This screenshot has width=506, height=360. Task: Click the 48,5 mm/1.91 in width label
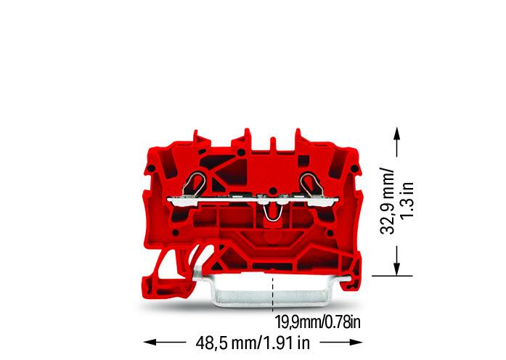(x=253, y=343)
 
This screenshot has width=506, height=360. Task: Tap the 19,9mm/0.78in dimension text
(x=317, y=322)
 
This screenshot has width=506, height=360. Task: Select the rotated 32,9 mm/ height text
(x=387, y=200)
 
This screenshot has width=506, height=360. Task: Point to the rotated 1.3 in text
(x=407, y=200)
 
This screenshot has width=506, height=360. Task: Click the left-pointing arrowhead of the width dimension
(x=148, y=342)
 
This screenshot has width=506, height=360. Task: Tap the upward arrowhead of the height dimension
(x=396, y=133)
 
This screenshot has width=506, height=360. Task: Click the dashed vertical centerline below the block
(x=274, y=294)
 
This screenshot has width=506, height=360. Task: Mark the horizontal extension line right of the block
(x=392, y=276)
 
